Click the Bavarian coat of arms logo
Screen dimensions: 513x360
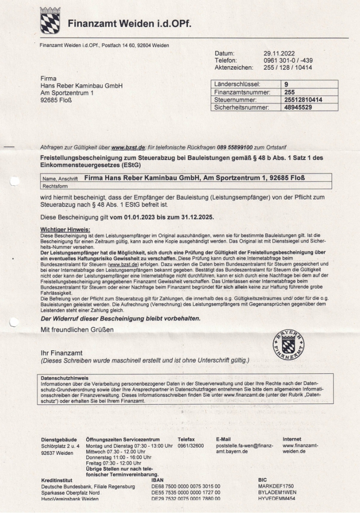pos(51,21)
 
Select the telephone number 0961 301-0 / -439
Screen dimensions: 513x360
pos(288,61)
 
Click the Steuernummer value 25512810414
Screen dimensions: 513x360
pos(303,100)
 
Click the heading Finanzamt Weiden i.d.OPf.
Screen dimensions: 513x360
pos(130,24)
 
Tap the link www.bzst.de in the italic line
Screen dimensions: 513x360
pos(128,147)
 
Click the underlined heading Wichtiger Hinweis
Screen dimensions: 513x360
pos(65,229)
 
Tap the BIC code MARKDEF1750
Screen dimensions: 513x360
pos(276,486)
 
